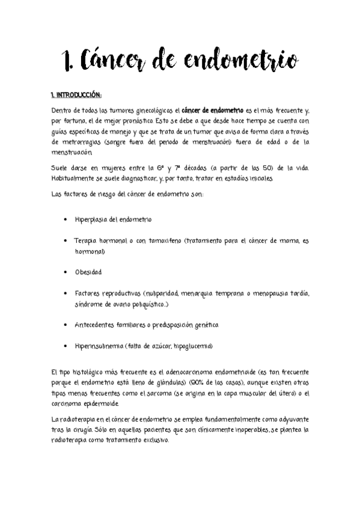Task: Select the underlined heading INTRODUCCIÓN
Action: click(78, 95)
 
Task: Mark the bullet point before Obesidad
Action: click(65, 272)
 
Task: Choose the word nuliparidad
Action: click(160, 293)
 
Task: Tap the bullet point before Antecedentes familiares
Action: click(65, 325)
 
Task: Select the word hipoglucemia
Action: click(193, 346)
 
